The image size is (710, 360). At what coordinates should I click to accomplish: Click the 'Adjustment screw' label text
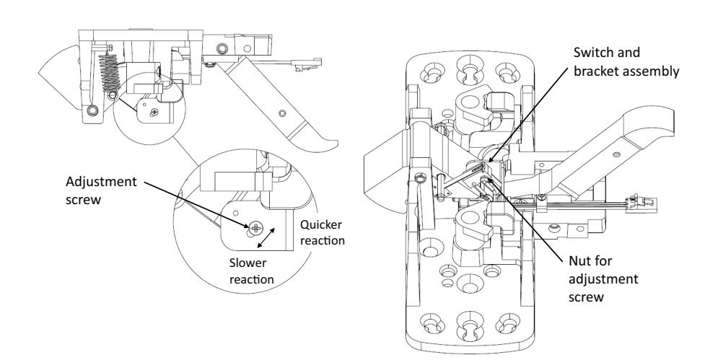coord(101,190)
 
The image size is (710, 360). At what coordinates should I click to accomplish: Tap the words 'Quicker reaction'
coord(322,232)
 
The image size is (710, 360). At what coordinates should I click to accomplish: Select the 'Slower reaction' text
coord(251,271)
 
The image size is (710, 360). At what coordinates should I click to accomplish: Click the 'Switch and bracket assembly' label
coord(626,62)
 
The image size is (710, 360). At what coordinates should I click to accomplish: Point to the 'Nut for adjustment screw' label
coord(603,279)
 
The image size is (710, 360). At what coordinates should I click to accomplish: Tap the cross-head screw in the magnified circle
coord(256,228)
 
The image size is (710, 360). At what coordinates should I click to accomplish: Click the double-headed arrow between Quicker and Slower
coord(266,238)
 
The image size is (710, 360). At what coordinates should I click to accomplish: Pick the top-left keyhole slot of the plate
coord(432,73)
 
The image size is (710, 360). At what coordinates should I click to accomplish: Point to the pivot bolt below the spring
coord(93,110)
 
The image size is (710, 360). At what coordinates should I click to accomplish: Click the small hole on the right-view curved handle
coord(616,155)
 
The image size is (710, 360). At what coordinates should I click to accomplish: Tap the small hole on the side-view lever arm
coord(283,113)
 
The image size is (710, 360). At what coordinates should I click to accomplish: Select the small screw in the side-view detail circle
coord(154,110)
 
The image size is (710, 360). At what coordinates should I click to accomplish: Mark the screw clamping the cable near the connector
coord(541,198)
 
